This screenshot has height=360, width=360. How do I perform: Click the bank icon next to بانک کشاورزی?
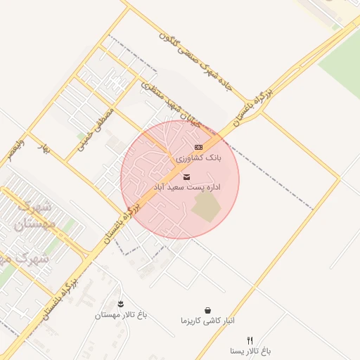(198, 147)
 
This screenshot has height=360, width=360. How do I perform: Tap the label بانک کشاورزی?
(199, 159)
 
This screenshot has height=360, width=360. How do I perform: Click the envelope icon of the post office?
(186, 176)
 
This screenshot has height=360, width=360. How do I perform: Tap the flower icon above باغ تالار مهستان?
(122, 304)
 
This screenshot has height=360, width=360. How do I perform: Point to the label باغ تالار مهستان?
(122, 316)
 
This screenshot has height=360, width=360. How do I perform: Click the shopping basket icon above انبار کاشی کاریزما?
(207, 309)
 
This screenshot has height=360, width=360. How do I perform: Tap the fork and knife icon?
(250, 340)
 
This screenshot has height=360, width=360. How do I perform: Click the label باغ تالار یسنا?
(250, 350)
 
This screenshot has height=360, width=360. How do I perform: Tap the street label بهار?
(46, 148)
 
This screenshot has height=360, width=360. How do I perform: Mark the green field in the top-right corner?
(341, 60)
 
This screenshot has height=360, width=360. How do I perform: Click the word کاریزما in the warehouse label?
(191, 321)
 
